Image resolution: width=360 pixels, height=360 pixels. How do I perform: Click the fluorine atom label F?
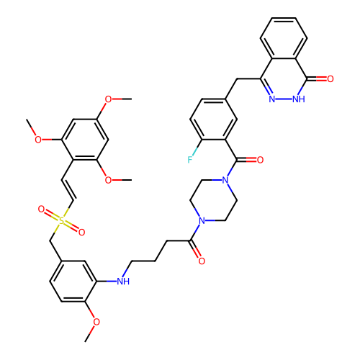click(x=190, y=160)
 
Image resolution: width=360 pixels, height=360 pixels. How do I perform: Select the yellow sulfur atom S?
click(x=61, y=220)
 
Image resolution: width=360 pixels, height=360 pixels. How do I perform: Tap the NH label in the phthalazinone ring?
click(x=299, y=99)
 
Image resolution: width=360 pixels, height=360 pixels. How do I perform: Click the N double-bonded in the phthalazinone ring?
click(x=272, y=99)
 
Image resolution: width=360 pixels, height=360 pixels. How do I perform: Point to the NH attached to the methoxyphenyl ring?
click(x=123, y=282)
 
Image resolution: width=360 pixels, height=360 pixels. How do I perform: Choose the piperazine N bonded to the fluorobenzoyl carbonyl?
click(x=225, y=180)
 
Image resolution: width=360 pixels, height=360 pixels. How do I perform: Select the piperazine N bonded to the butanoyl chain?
click(x=202, y=220)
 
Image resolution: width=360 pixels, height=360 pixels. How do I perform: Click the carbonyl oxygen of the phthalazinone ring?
click(x=330, y=78)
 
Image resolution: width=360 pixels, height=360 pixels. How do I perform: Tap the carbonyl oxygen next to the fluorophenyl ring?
click(x=260, y=160)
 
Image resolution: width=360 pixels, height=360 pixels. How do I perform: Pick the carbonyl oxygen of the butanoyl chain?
click(x=202, y=261)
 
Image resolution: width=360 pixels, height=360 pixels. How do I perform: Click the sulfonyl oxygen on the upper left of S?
click(x=41, y=209)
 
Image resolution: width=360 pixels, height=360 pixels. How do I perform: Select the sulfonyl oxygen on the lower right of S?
click(x=82, y=232)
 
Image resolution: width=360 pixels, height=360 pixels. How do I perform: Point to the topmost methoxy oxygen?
click(x=108, y=99)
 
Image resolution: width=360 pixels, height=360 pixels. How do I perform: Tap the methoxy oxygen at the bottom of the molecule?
click(x=96, y=322)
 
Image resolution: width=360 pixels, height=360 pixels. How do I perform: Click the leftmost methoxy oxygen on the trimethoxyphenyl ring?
click(x=38, y=140)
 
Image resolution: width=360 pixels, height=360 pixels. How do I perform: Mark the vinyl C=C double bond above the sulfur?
click(x=68, y=190)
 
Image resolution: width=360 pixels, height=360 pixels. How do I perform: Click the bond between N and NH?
click(x=284, y=99)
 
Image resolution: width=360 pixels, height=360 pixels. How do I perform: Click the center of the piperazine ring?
click(x=214, y=200)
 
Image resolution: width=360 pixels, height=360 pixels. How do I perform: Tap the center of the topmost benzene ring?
click(x=284, y=38)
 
